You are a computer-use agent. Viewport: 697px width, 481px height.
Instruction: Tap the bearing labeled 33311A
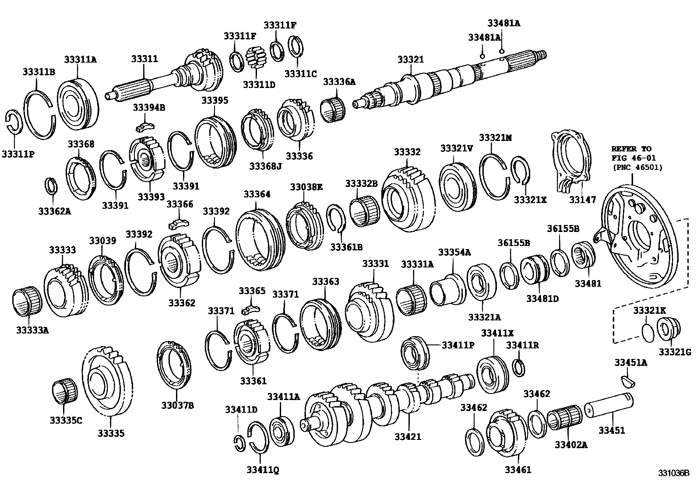click(x=78, y=104)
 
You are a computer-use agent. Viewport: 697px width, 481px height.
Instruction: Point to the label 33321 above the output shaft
click(x=410, y=60)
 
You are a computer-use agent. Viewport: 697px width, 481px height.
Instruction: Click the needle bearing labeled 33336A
click(x=332, y=110)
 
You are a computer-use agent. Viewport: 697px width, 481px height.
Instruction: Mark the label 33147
click(x=582, y=200)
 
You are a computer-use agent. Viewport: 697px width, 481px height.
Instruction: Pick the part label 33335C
click(x=66, y=421)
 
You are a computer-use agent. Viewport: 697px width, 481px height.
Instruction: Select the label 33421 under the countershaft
click(x=408, y=436)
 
